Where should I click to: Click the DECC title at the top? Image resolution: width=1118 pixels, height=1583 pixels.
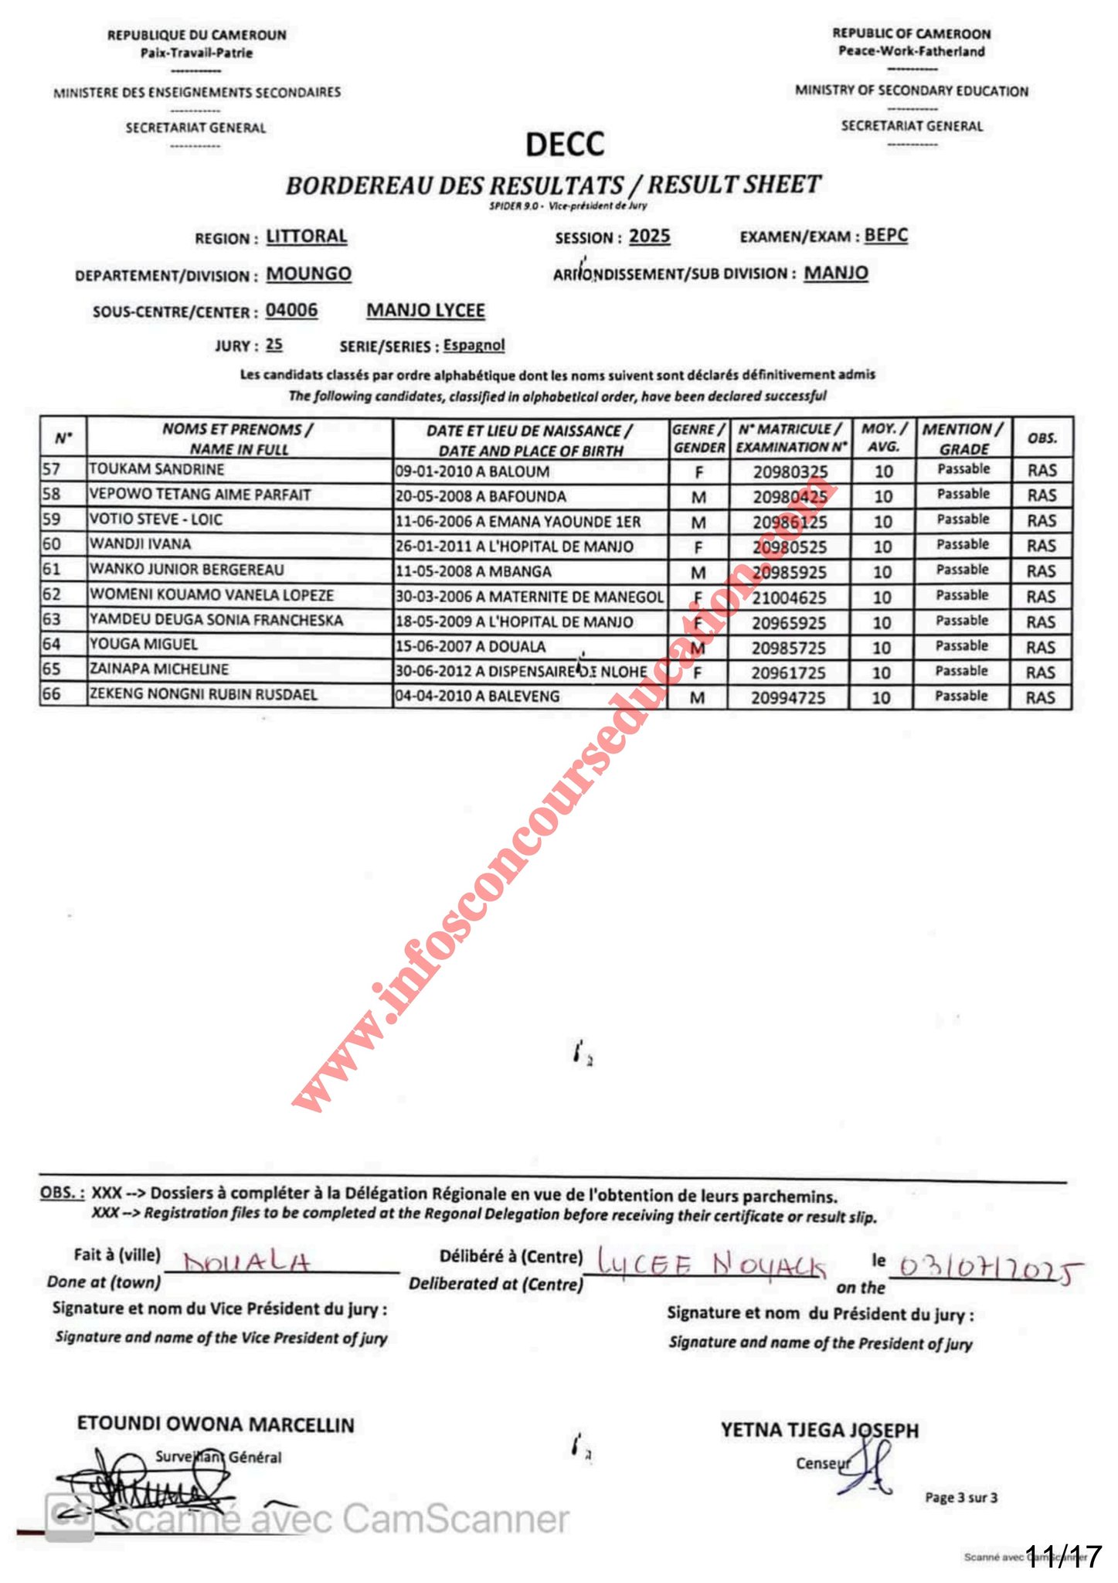pos(565,145)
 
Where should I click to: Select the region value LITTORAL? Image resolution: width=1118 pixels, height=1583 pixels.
pos(307,237)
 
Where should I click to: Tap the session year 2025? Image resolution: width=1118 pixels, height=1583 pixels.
pos(649,237)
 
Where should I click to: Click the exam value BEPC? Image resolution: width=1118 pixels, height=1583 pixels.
pos(885,235)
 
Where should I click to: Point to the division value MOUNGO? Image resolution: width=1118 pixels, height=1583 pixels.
pos(308,274)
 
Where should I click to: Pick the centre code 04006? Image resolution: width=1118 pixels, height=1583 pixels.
pos(291,311)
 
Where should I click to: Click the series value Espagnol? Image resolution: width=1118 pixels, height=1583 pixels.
pos(474,346)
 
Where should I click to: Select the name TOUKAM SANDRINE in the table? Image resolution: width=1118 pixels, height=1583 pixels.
pos(157,469)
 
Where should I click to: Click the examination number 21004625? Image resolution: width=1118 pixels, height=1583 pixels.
pos(789,597)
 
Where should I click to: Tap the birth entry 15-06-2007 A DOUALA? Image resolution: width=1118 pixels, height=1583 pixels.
pos(471,647)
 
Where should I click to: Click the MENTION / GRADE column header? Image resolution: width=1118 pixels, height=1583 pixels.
pos(963,438)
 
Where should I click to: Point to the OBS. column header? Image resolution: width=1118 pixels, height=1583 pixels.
pos(1042,438)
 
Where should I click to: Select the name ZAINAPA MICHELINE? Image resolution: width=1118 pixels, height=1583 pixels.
pos(159,669)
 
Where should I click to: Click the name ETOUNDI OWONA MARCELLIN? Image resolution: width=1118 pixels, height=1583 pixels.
pos(216,1425)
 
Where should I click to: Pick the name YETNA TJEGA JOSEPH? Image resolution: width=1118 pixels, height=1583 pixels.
pos(820,1430)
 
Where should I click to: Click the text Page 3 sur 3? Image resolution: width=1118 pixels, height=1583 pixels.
pos(961,1498)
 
